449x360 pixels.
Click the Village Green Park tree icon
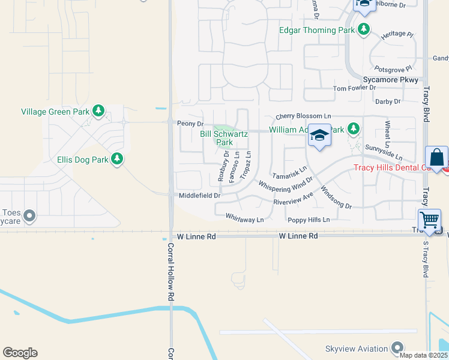(98, 111)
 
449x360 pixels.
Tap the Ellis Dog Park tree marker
(118, 159)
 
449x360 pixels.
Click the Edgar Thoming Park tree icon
(364, 29)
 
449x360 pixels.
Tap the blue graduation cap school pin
(320, 136)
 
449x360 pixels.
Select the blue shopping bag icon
(436, 158)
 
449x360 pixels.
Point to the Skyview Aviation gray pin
(397, 348)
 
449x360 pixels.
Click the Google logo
(20, 353)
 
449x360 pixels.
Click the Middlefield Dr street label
(200, 196)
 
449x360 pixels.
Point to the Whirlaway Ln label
(244, 220)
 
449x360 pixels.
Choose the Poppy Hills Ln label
(309, 220)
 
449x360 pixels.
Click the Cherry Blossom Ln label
(303, 116)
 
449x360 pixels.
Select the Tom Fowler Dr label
(354, 88)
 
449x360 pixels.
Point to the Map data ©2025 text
(423, 355)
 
